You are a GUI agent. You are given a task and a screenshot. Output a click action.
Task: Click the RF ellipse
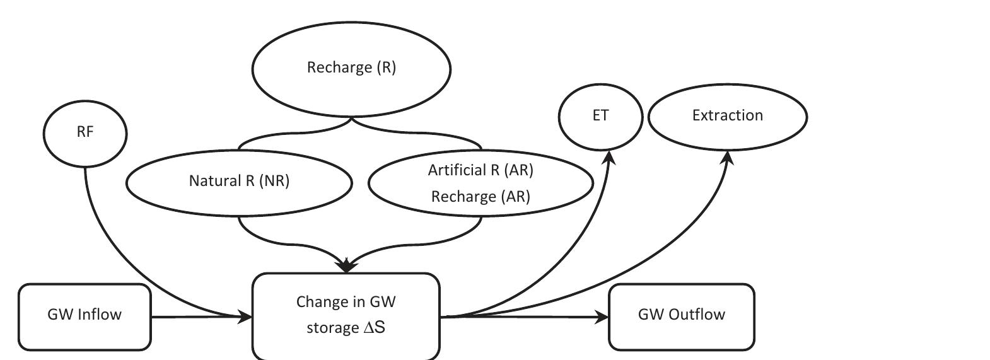[x=85, y=133]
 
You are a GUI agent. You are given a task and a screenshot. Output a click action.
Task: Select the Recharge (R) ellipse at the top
[x=351, y=67]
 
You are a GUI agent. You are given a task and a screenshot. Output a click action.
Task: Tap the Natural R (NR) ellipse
[x=239, y=182]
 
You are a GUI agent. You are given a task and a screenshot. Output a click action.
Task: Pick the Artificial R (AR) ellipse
[x=480, y=183]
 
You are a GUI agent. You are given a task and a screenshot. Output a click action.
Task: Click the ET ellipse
[x=600, y=116]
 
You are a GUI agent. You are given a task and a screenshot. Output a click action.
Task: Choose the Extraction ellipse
[x=728, y=116]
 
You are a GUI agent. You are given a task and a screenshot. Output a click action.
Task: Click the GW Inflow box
[x=84, y=315]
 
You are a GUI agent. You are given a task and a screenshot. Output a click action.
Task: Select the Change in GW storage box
[x=346, y=315]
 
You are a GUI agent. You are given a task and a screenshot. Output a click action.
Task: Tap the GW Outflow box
[x=681, y=315]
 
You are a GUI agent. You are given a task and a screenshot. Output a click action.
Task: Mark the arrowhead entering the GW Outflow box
[x=602, y=317]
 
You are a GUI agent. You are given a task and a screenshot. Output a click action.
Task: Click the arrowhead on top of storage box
[x=346, y=266]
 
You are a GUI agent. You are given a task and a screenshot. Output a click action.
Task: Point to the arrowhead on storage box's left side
[x=245, y=316]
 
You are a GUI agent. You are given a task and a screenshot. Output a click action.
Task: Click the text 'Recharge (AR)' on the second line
[x=480, y=197]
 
